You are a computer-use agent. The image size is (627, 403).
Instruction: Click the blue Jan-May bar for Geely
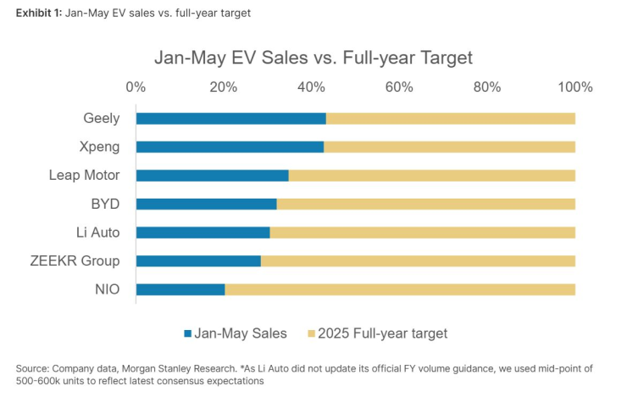[230, 118]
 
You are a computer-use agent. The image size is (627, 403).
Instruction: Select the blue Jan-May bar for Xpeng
[230, 147]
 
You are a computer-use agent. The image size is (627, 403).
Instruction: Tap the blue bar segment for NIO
[180, 289]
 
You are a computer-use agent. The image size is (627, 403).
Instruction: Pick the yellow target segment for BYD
[426, 204]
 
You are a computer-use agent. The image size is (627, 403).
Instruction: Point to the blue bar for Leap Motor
[212, 176]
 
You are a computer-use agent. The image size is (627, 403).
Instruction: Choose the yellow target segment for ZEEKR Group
[418, 261]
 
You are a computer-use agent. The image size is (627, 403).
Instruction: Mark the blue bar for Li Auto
[203, 232]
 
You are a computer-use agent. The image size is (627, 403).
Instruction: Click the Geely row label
[102, 118]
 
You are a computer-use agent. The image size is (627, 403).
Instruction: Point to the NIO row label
[107, 289]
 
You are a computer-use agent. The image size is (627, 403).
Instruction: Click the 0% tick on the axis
[136, 87]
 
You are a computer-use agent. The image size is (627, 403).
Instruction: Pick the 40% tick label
[312, 87]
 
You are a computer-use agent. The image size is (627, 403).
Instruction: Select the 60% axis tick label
[400, 87]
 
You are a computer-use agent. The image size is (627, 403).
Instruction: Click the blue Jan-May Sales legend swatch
[188, 333]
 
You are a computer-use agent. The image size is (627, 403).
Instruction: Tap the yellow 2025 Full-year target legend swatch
[310, 333]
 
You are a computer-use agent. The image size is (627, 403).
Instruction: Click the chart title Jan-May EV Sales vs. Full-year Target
[313, 59]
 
